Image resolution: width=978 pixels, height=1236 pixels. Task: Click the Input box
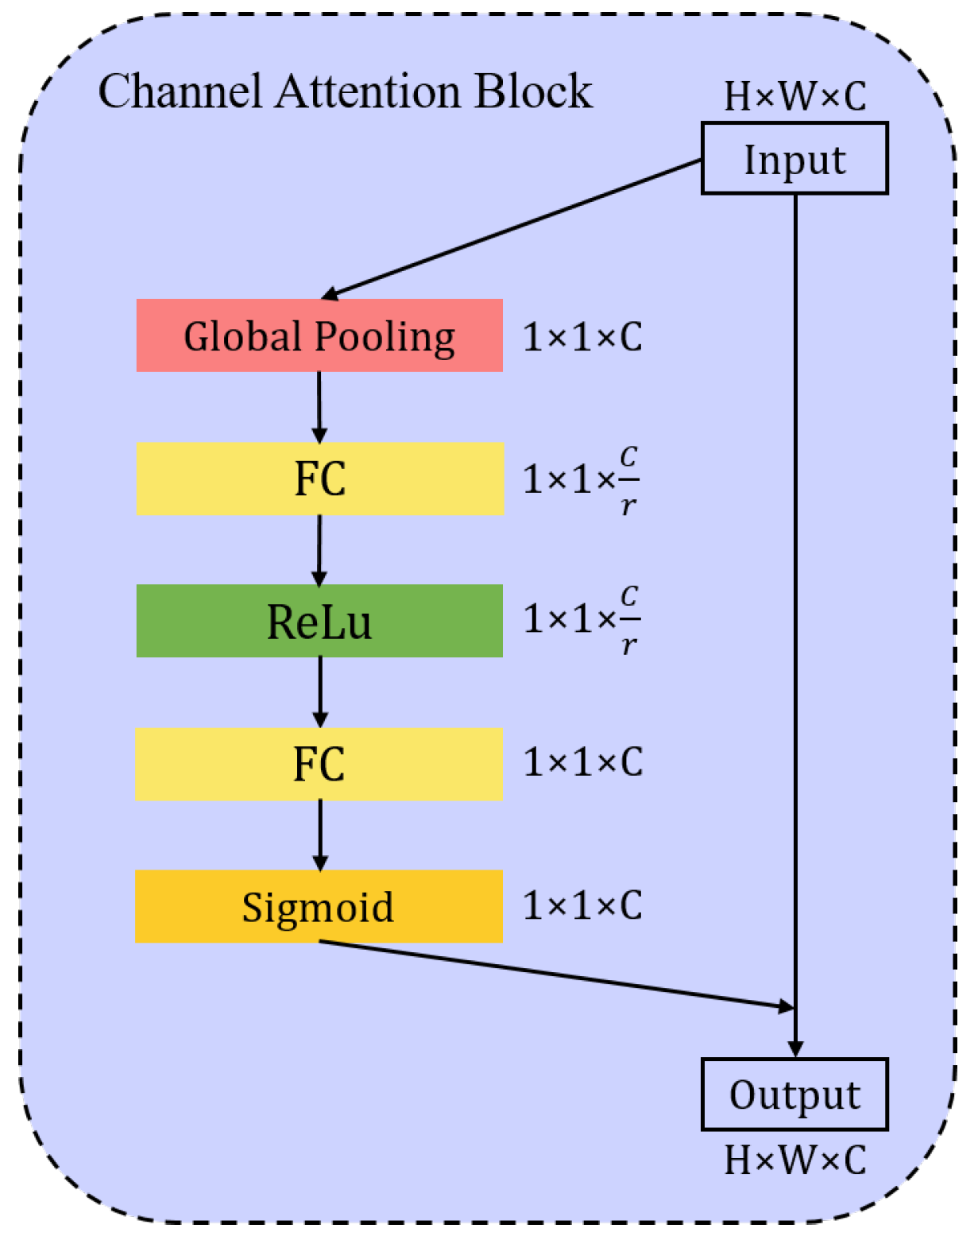click(x=794, y=158)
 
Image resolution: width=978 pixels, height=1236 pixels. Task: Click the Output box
click(x=794, y=1095)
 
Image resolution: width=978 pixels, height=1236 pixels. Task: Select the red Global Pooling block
click(x=319, y=335)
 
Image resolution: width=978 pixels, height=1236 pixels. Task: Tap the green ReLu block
click(x=319, y=621)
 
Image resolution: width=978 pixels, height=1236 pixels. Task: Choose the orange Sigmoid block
click(x=319, y=906)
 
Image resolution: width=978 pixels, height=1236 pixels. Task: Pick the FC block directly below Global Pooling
click(x=319, y=479)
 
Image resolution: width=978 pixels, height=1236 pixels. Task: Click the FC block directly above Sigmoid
click(x=319, y=764)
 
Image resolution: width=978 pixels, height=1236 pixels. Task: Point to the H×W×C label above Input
click(x=794, y=96)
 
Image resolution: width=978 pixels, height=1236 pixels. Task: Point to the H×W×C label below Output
click(x=794, y=1160)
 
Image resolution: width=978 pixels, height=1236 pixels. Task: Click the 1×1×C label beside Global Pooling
click(x=582, y=337)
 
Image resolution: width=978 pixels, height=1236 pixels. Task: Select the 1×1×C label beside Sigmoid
click(x=582, y=905)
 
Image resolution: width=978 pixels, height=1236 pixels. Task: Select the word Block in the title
click(x=534, y=91)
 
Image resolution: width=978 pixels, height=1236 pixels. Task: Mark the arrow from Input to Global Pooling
click(x=512, y=229)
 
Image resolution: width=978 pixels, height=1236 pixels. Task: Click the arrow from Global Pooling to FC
click(x=319, y=405)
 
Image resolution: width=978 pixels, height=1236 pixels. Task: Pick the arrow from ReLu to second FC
click(x=320, y=691)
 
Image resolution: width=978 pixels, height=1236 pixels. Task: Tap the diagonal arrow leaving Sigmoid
click(x=556, y=974)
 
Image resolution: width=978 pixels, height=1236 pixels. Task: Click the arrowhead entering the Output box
click(x=795, y=1049)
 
